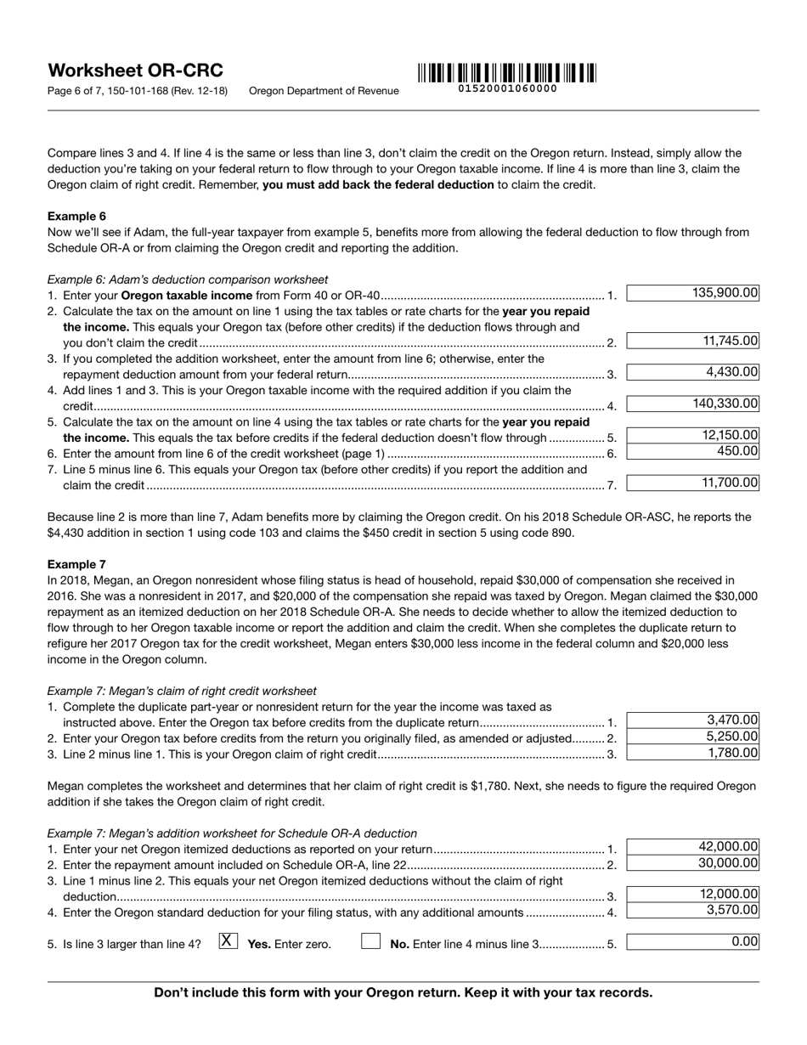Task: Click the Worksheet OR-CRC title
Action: click(135, 71)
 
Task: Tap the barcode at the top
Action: click(507, 72)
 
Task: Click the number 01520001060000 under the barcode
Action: click(507, 88)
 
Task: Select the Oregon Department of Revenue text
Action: click(324, 91)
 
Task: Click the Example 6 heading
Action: click(76, 216)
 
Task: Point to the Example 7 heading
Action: click(76, 564)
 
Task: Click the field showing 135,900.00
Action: click(692, 294)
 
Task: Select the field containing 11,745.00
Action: click(692, 342)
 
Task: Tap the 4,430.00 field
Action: click(692, 372)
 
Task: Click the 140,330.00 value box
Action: click(692, 404)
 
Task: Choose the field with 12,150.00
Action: click(692, 436)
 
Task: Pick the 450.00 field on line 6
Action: click(692, 452)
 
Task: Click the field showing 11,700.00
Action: click(692, 483)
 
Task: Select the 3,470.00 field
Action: click(692, 720)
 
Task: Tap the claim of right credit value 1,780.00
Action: click(692, 753)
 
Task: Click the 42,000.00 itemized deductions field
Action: click(692, 847)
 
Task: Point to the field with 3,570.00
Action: click(692, 911)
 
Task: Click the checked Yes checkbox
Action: click(227, 941)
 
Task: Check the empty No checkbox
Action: click(370, 941)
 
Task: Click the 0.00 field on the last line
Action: click(692, 942)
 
